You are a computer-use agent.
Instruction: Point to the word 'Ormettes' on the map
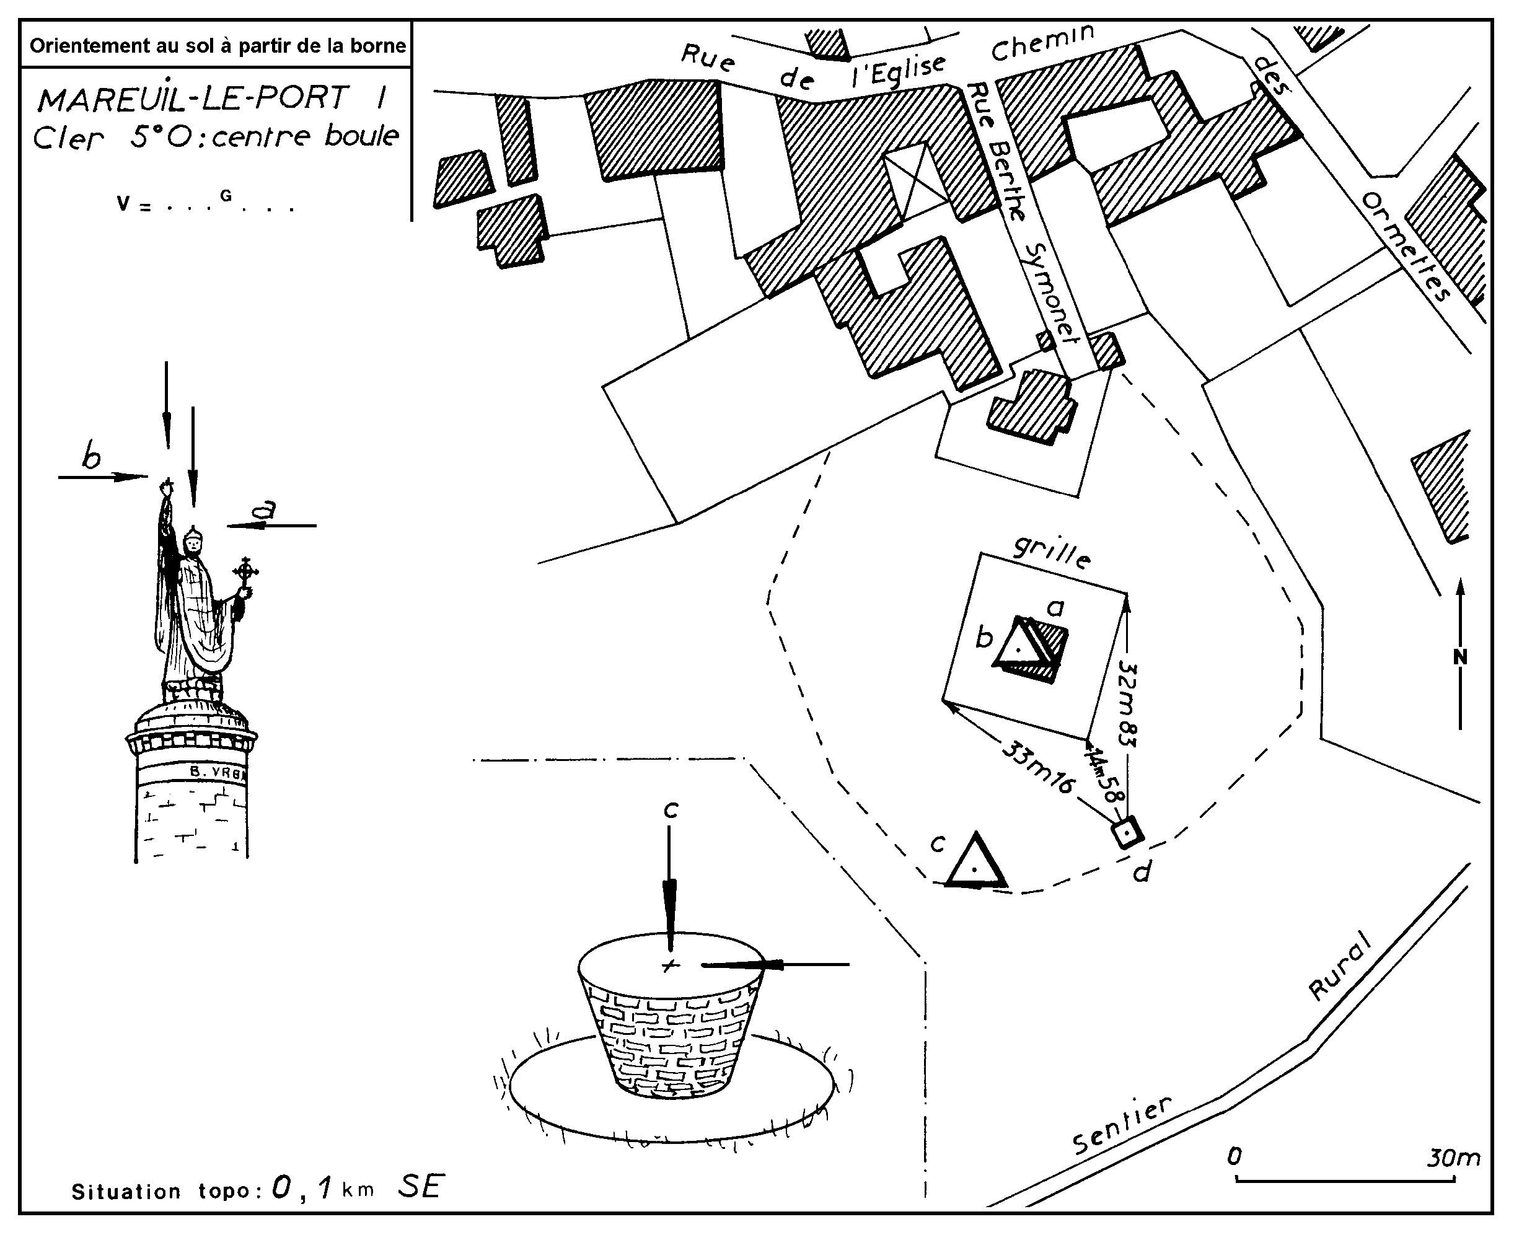(x=1406, y=247)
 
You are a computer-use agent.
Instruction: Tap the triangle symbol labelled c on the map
(x=975, y=863)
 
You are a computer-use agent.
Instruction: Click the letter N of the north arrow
(x=1461, y=657)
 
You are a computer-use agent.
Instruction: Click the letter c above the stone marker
(x=670, y=809)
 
